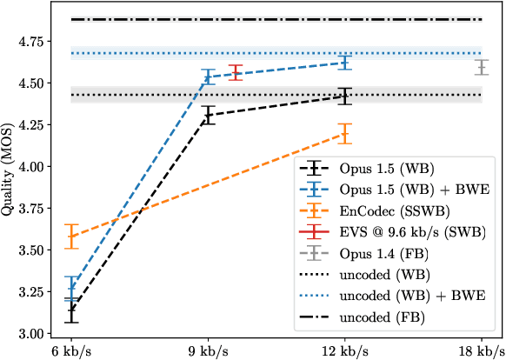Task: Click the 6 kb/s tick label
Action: click(x=72, y=350)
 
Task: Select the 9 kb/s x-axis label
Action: click(x=209, y=350)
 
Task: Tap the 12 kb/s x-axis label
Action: click(x=345, y=350)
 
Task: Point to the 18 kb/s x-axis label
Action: click(x=482, y=350)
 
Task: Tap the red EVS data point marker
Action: click(x=236, y=72)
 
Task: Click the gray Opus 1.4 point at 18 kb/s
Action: click(x=482, y=67)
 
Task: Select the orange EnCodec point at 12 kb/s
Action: click(x=345, y=133)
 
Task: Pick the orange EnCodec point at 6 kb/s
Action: click(x=72, y=236)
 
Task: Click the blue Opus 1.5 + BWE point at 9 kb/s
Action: click(x=209, y=77)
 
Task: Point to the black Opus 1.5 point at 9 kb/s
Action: click(x=209, y=115)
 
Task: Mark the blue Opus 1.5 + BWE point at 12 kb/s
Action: click(x=345, y=62)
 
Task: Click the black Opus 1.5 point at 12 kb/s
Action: click(x=345, y=97)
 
